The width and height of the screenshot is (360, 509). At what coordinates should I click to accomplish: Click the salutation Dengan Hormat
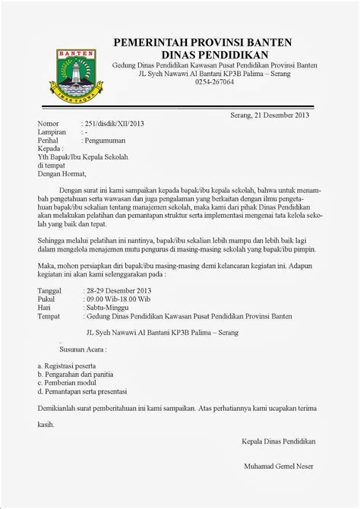[x=65, y=173]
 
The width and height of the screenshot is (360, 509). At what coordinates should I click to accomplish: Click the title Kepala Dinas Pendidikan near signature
[x=279, y=441]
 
